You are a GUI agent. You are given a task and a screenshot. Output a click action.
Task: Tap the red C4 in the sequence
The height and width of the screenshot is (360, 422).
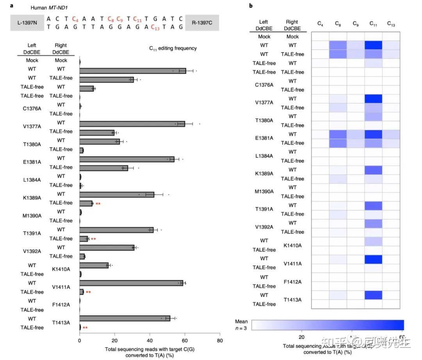[75, 18]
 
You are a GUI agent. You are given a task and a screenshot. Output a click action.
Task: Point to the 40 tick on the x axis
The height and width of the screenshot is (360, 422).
[150, 340]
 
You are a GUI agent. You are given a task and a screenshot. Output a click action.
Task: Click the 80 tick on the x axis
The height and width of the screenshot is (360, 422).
[220, 340]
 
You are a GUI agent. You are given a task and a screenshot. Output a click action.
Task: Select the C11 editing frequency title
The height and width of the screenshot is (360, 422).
[173, 48]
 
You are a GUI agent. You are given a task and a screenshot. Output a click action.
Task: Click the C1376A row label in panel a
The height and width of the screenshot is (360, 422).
[32, 109]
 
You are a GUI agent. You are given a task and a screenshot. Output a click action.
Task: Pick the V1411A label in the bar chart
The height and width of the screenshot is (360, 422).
[61, 287]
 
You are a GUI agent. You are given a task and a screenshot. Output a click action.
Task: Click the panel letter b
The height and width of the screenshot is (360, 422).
[251, 5]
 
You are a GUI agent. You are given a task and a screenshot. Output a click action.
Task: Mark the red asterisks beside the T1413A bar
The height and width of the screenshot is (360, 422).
[85, 328]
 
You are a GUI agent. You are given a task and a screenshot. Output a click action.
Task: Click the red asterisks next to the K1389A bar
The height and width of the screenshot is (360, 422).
[98, 204]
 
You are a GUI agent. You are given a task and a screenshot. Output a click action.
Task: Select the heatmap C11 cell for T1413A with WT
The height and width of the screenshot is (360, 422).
[373, 295]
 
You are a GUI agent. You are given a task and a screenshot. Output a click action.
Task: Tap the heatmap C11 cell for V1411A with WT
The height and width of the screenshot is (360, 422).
[373, 259]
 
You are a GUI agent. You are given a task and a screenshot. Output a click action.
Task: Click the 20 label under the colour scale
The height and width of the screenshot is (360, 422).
[301, 337]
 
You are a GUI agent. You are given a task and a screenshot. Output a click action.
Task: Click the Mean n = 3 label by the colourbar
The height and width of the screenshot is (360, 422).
[241, 325]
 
